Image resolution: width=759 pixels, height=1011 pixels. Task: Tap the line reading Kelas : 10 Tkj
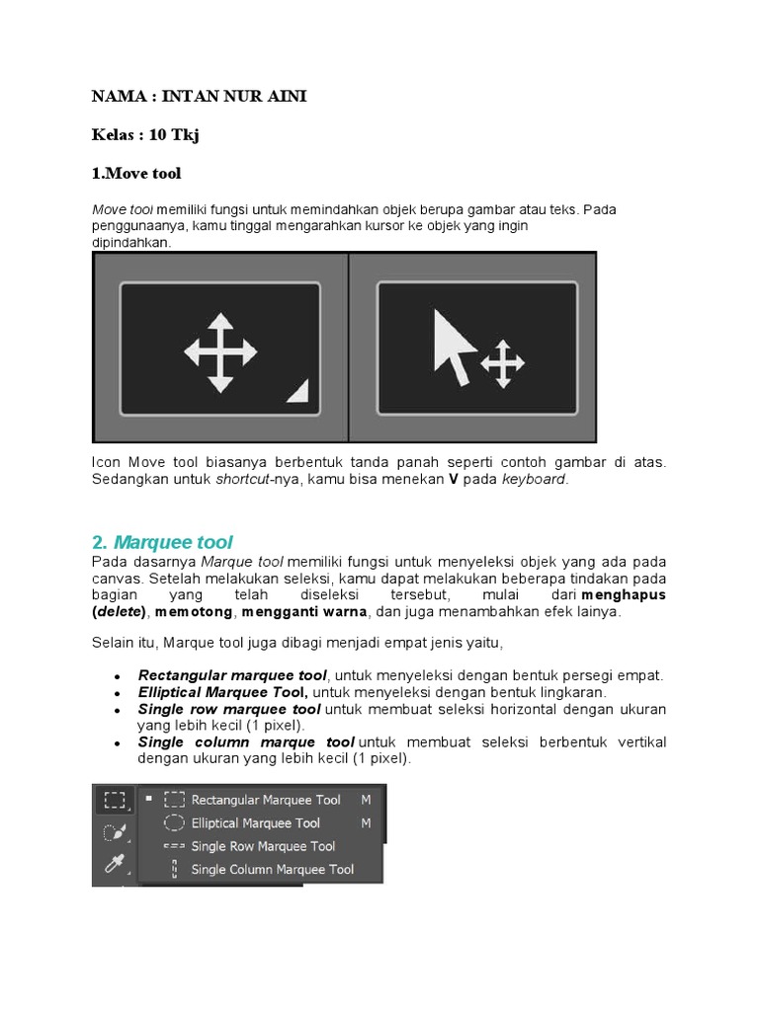[x=145, y=134]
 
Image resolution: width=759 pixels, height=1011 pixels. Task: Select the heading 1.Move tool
[x=136, y=173]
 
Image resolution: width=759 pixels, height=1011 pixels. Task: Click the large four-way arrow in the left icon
[x=220, y=352]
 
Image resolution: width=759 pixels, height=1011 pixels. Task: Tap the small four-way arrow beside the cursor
[x=502, y=363]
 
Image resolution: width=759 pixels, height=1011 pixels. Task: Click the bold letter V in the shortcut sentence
[x=454, y=480]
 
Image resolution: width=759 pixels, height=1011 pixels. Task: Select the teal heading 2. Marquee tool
[x=162, y=542]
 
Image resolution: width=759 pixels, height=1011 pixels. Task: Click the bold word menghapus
[x=624, y=595]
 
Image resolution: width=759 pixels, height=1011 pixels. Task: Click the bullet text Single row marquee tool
[x=229, y=709]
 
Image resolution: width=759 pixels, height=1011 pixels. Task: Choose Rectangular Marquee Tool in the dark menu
[x=266, y=800]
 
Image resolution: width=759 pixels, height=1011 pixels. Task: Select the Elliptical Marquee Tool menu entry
[x=255, y=822]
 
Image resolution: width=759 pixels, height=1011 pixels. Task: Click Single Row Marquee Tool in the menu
[x=263, y=846]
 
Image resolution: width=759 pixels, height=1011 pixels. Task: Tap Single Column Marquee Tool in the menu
[x=272, y=870]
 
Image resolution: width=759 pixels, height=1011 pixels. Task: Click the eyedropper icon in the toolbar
[x=114, y=867]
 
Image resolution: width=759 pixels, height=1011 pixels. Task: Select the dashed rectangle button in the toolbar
[x=115, y=800]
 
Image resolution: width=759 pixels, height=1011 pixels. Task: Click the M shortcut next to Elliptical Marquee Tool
[x=366, y=822]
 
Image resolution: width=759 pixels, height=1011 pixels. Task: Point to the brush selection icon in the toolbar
[x=114, y=833]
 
